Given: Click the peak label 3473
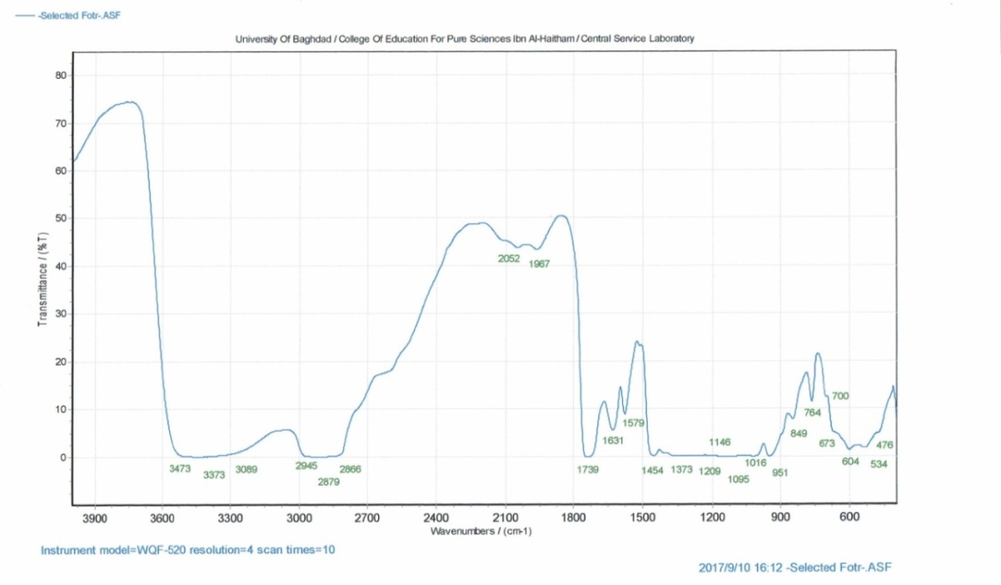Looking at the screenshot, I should tap(180, 469).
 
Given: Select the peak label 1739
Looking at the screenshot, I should tap(588, 469).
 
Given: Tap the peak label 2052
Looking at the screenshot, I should tap(509, 258).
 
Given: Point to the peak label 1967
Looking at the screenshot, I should tap(539, 264).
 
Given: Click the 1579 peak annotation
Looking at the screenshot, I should tap(633, 423).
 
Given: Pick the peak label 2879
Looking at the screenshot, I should tap(329, 481).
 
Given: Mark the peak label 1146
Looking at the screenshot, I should tap(720, 442).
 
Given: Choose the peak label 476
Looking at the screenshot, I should tap(885, 445).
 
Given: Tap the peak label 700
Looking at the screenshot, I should tap(840, 396).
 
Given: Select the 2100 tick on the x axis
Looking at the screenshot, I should tap(506, 518).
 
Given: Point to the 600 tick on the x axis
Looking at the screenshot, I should tap(850, 518).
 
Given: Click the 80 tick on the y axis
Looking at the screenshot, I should tap(61, 75).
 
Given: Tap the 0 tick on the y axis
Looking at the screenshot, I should tap(63, 457).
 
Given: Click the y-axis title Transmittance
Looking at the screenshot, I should tap(41, 278).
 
